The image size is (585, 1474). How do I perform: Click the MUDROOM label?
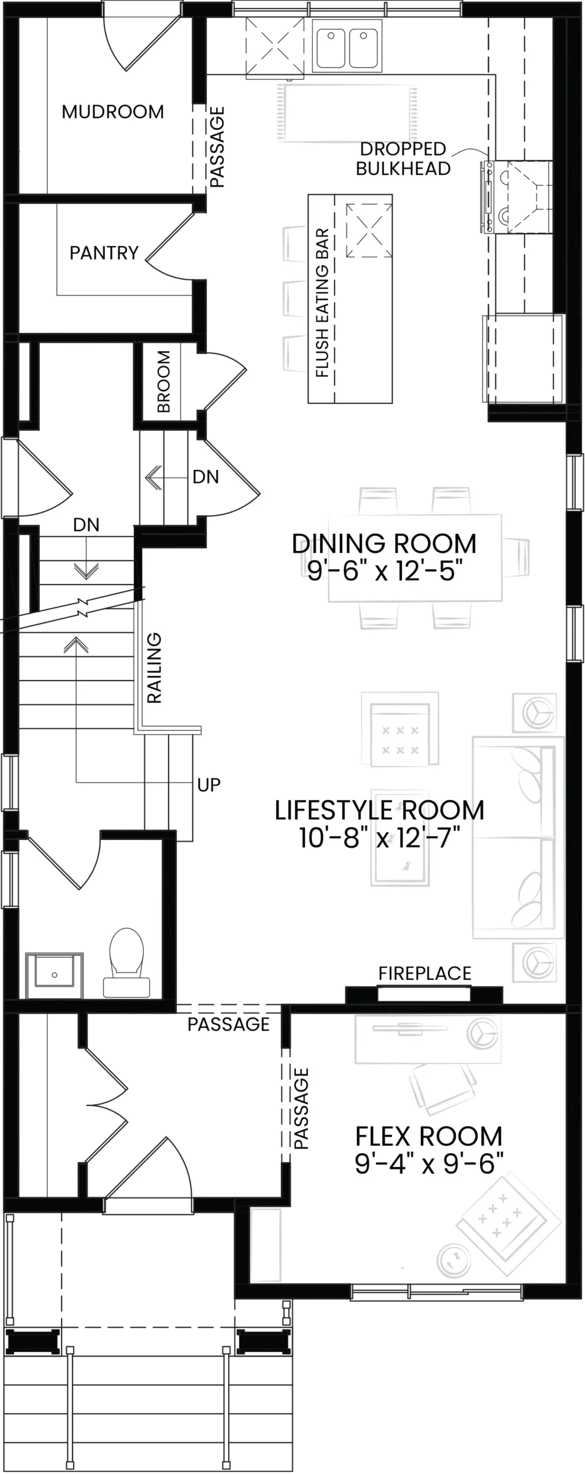point(113,112)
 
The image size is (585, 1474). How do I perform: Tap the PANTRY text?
point(104,253)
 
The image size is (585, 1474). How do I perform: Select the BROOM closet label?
point(164,381)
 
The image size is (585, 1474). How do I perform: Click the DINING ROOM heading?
point(384,544)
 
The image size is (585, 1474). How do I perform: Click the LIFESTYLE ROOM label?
point(379,810)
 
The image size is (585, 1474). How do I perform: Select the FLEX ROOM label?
point(429,1137)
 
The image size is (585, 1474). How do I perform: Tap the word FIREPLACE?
point(425,973)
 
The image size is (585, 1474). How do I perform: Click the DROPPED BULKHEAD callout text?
point(404,159)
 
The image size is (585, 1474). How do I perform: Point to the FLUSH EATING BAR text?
point(322,303)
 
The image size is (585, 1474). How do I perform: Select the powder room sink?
point(55,975)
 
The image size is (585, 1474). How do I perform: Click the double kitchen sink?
point(347,45)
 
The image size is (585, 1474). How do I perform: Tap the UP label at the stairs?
point(208,785)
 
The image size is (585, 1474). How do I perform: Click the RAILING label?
point(154,668)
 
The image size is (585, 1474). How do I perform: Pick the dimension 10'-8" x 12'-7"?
point(380,838)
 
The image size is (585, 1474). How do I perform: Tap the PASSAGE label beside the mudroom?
point(216,147)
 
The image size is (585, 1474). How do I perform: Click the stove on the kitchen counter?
point(515,197)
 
